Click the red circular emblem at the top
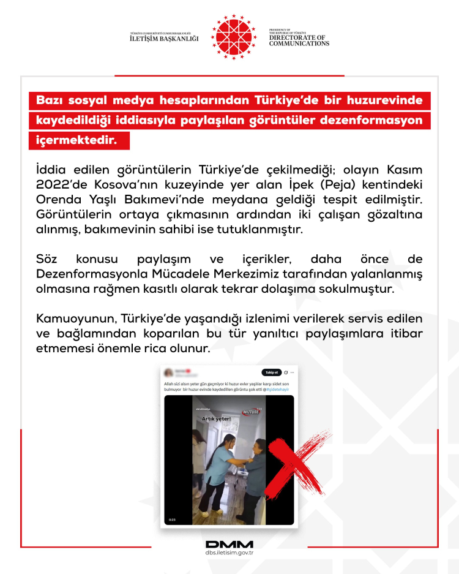pyautogui.click(x=234, y=36)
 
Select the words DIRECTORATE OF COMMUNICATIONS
pyautogui.click(x=299, y=40)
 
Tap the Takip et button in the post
pyautogui.click(x=271, y=372)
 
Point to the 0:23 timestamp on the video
pyautogui.click(x=172, y=519)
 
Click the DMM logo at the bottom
pyautogui.click(x=229, y=544)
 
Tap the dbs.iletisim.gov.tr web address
pyautogui.click(x=229, y=553)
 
